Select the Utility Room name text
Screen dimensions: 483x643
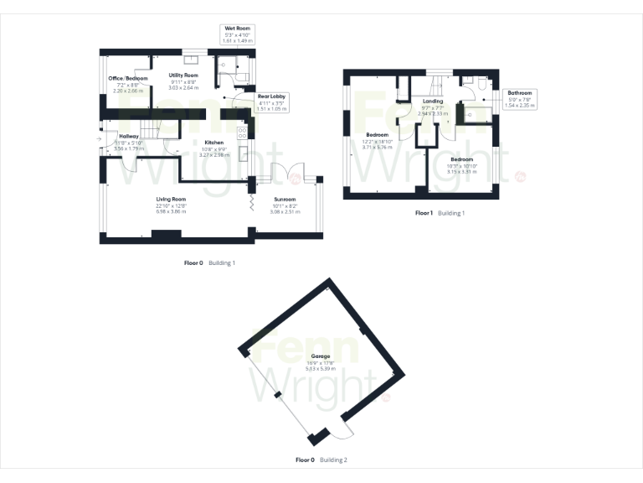point(183,75)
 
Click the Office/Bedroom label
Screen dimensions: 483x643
point(127,78)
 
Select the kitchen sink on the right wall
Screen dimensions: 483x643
point(243,153)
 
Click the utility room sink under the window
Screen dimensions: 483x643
point(192,59)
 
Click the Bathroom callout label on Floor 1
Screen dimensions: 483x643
point(518,93)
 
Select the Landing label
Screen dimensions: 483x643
point(433,101)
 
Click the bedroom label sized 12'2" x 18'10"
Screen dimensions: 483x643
point(376,135)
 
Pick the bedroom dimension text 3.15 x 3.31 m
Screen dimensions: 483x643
point(461,172)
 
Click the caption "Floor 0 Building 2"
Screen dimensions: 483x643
point(321,460)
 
